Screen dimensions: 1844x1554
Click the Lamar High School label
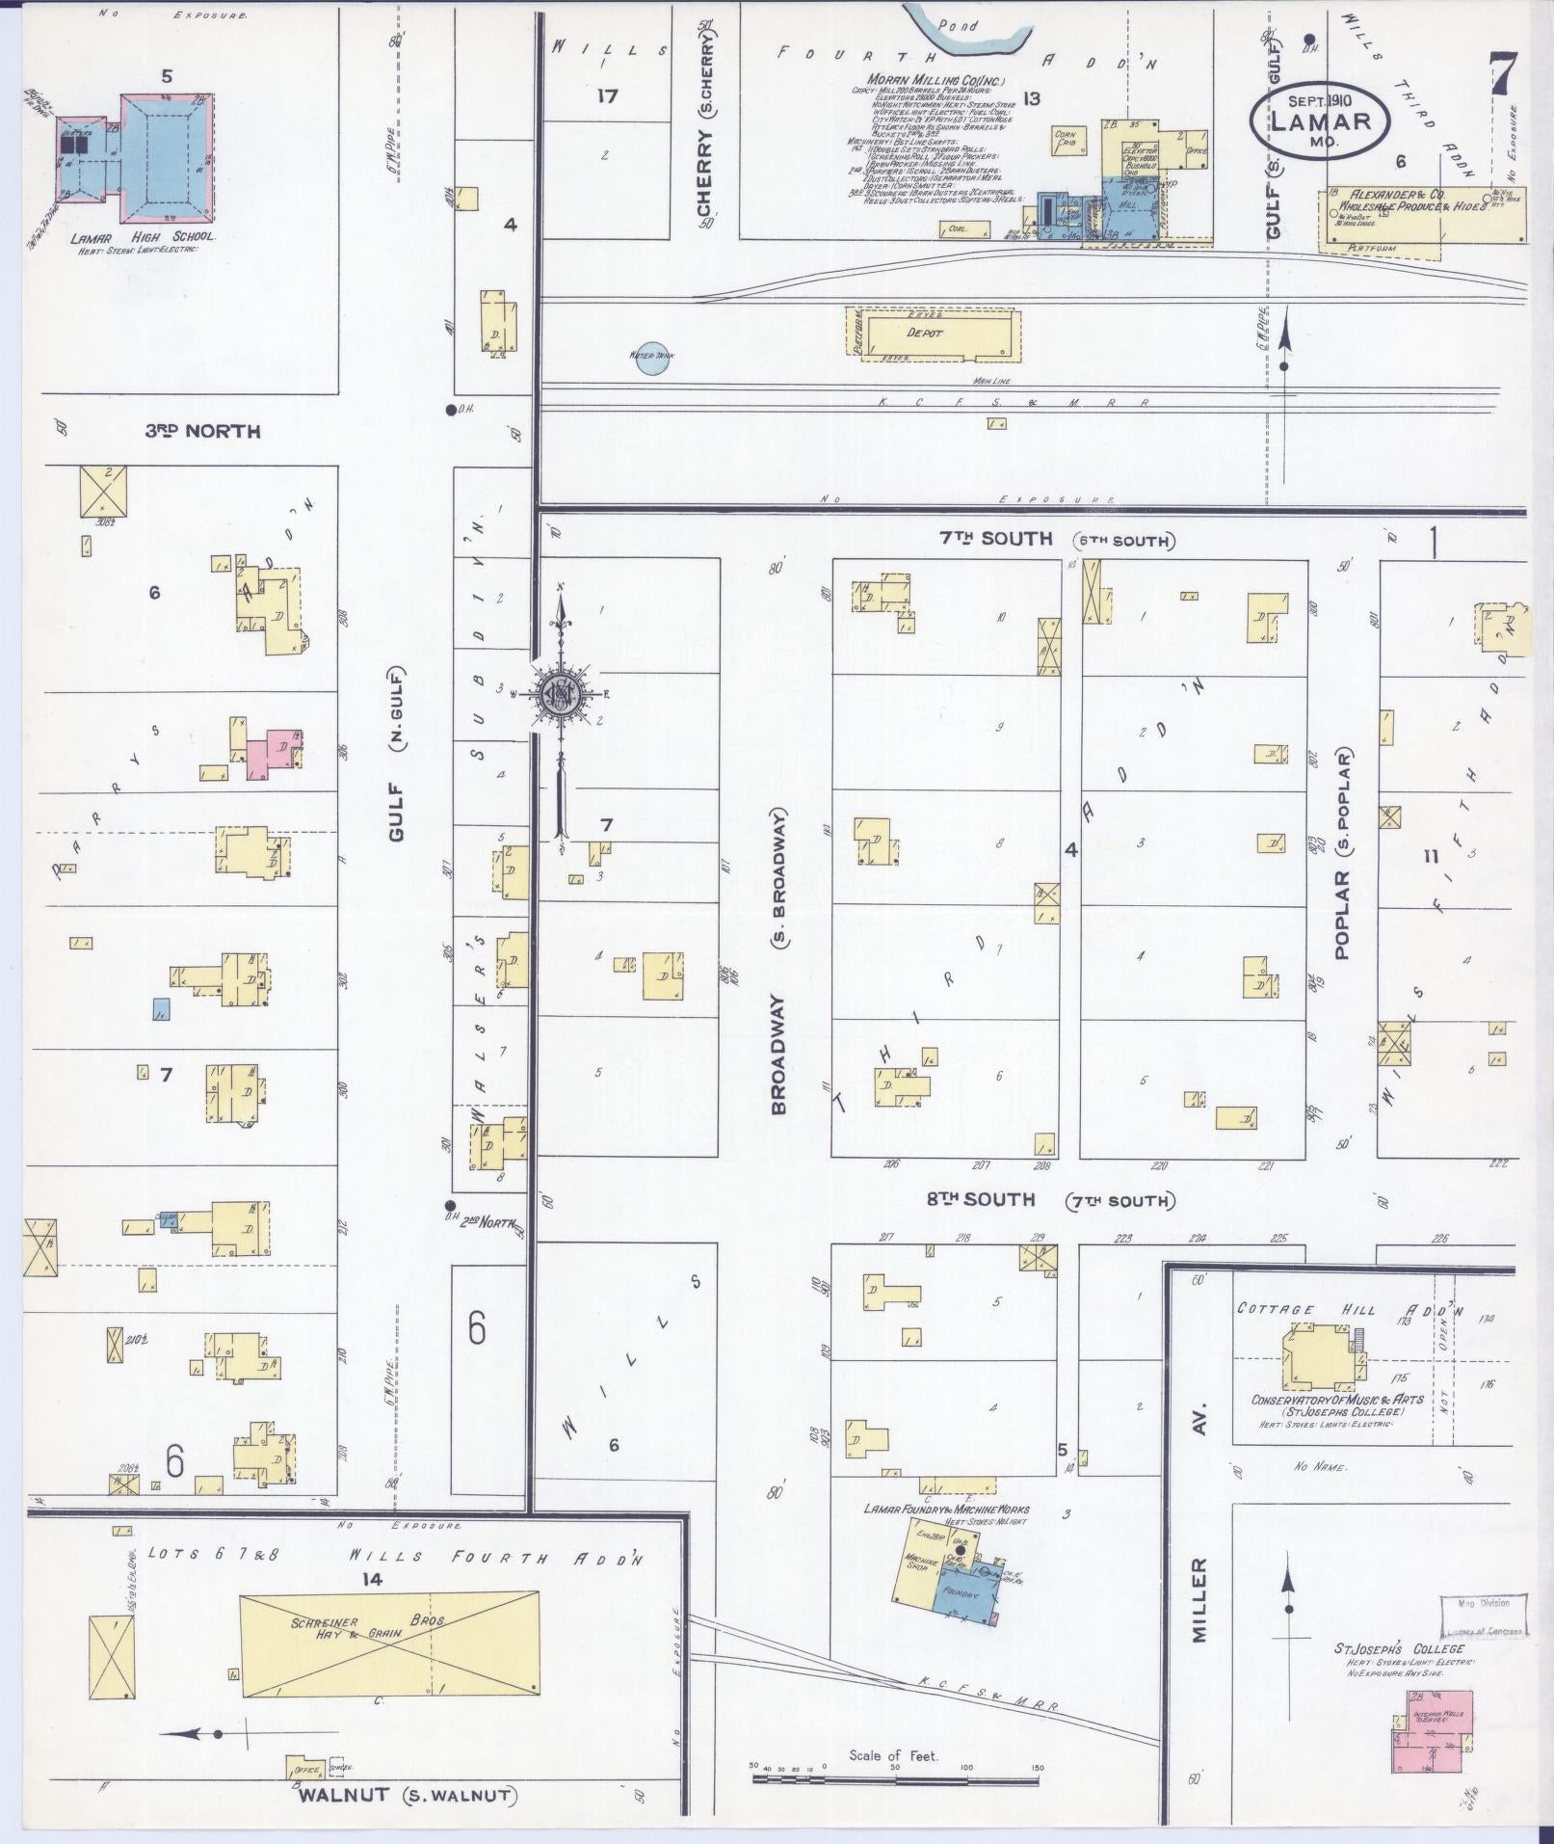coord(143,236)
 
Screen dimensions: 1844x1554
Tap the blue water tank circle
coord(651,359)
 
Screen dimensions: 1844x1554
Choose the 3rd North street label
coord(202,431)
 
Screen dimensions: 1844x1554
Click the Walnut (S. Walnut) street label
coord(407,1796)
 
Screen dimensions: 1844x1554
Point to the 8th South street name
coord(966,1200)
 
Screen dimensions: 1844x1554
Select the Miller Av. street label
coord(1198,1542)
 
